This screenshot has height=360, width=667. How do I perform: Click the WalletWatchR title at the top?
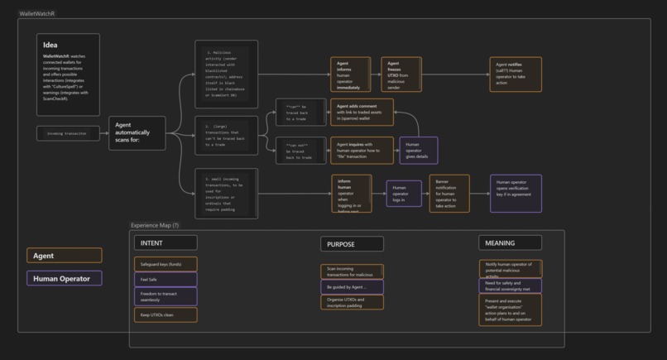coord(37,14)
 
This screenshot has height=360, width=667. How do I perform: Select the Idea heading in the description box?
coord(51,46)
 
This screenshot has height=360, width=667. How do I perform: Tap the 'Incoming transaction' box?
coord(66,133)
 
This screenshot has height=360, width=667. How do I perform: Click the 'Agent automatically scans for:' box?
coord(137,133)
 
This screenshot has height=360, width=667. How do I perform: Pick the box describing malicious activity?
coord(226,74)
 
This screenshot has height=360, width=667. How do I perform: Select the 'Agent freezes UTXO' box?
coord(401,74)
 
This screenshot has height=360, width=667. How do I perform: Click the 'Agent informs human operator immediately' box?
coord(351,74)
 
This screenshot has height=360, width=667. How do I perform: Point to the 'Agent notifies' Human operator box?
coord(515,74)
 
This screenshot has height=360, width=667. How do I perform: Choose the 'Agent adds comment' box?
coord(362,113)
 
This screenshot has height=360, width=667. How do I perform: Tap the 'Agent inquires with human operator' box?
coord(362,150)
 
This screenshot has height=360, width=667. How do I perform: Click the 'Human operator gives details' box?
coord(418,150)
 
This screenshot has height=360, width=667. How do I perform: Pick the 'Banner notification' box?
coord(449,194)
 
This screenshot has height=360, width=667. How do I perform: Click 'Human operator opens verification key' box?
coord(516,194)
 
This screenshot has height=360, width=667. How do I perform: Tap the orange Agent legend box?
coord(65,256)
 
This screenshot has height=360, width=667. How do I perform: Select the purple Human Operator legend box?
coord(65,279)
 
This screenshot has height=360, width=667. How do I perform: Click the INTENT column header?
coord(166,242)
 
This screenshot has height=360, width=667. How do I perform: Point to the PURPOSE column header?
coord(352,244)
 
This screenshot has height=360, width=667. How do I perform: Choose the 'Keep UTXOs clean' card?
coord(166,315)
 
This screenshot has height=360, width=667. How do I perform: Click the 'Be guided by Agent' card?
coord(352,287)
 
